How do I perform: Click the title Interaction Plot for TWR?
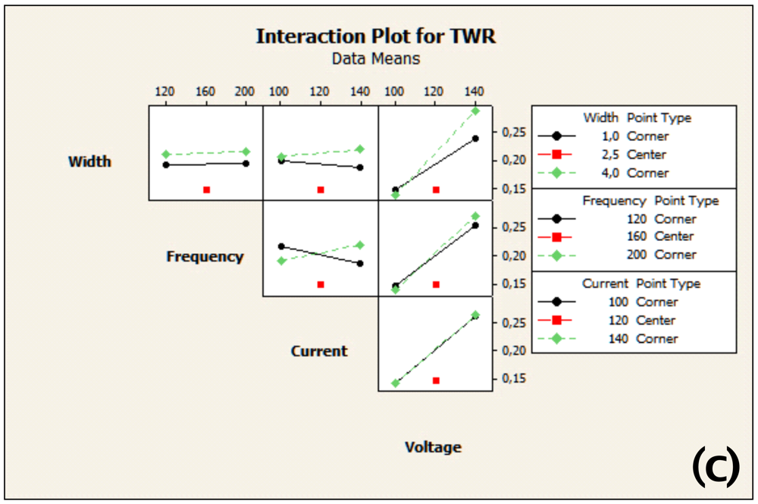tap(376, 36)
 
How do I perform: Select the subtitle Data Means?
tap(376, 58)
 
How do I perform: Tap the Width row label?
tap(89, 161)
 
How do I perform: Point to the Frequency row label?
tap(205, 257)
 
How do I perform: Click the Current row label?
tap(319, 351)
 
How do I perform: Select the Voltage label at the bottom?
tap(433, 447)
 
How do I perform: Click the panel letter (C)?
tap(716, 466)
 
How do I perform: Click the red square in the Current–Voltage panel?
tap(436, 380)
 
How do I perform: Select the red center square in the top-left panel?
tap(206, 189)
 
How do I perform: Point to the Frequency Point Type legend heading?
tap(650, 201)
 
